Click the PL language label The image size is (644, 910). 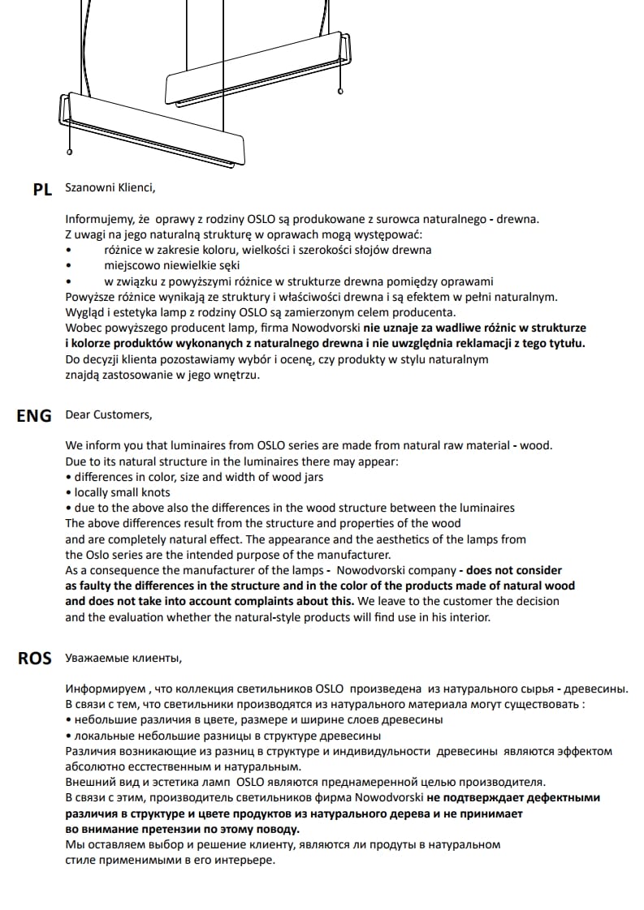42,190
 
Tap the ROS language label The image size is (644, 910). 35,659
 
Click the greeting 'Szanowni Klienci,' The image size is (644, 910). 109,188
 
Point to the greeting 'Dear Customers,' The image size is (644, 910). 108,414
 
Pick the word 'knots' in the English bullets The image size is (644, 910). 154,492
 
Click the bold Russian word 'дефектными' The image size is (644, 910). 562,798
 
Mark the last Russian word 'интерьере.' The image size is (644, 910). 244,860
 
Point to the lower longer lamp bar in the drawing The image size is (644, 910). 154,131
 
